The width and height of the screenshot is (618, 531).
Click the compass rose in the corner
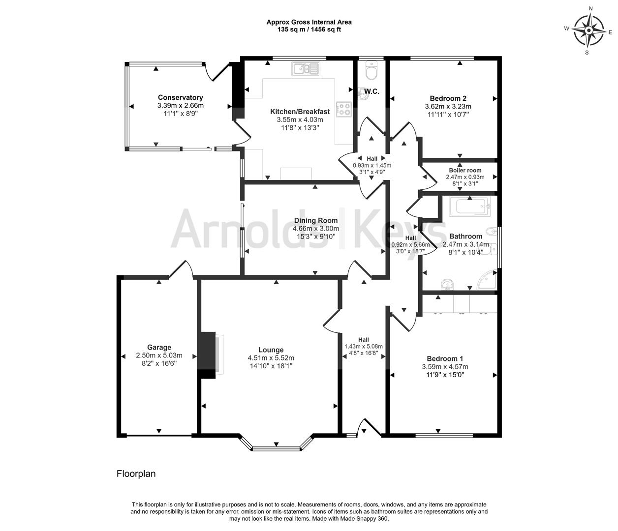pos(588,31)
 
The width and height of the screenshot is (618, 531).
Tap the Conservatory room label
pos(180,97)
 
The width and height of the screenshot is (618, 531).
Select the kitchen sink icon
pos(306,69)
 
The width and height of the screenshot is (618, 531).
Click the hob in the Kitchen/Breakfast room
pos(343,109)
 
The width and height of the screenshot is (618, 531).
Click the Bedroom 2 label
pos(448,98)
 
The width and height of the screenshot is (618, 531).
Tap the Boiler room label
pos(465,170)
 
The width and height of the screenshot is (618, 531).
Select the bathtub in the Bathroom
pos(469,206)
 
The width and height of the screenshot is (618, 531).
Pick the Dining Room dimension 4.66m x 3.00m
pos(316,229)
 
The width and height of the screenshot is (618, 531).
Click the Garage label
pos(159,347)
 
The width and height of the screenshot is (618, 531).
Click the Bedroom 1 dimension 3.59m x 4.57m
pos(445,367)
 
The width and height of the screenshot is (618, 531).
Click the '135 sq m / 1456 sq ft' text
pos(309,29)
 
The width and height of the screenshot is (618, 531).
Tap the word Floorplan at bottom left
pos(136,473)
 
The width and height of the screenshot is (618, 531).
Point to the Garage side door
pos(181,269)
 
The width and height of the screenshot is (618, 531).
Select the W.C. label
pos(371,91)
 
